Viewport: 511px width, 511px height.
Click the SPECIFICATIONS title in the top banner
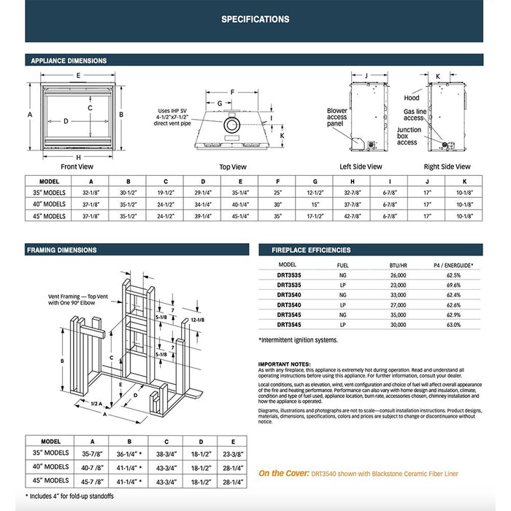[255, 20]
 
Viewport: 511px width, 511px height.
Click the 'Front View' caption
[77, 166]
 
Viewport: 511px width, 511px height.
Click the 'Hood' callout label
[412, 98]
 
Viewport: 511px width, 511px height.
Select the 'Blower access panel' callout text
[337, 118]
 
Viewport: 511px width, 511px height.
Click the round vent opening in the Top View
[230, 126]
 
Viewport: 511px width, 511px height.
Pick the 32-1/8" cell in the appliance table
[91, 193]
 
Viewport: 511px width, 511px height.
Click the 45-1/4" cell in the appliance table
[241, 216]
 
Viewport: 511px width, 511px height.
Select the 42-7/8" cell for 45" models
[353, 216]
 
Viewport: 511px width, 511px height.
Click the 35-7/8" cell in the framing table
[91, 453]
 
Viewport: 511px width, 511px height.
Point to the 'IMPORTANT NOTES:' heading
[284, 364]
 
